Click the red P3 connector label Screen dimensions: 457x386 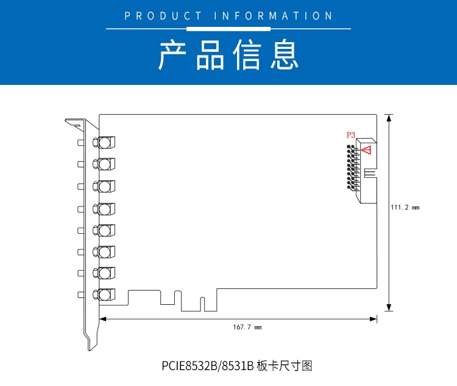click(351, 135)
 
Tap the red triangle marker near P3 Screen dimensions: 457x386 click(366, 150)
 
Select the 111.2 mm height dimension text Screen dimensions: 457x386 click(405, 208)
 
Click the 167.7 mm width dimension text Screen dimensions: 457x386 click(247, 327)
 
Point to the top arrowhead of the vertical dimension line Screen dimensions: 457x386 click(389, 118)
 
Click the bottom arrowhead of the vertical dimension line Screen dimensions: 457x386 click(389, 307)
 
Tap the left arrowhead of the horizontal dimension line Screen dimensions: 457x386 click(103, 319)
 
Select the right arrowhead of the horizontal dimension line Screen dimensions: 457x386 click(374, 319)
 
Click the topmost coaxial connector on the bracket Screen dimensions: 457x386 click(104, 142)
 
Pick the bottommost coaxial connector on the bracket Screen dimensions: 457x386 click(104, 295)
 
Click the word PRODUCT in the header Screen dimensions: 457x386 click(163, 16)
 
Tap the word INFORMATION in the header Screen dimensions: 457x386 click(273, 16)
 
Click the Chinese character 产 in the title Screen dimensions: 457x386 click(172, 54)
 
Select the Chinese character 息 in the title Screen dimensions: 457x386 click(285, 54)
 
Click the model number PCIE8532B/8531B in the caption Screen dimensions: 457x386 click(208, 366)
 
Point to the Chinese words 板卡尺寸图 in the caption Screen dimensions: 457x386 click(285, 366)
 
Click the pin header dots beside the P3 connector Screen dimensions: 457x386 click(352, 168)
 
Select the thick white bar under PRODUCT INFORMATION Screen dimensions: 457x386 click(228, 29)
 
